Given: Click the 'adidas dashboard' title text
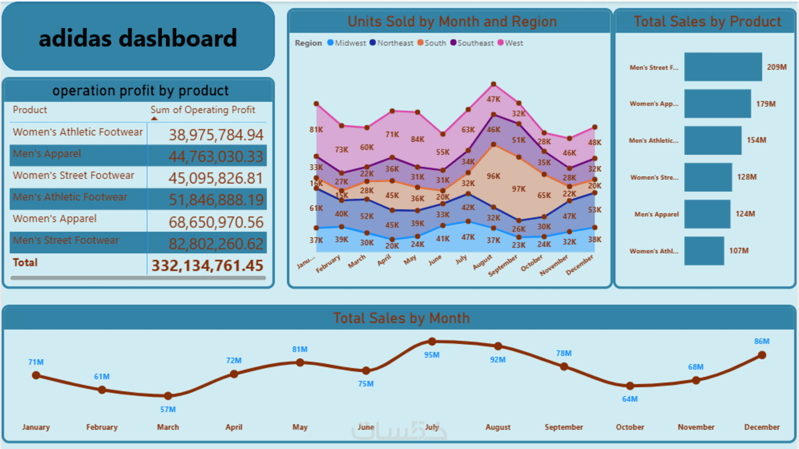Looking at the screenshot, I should (x=138, y=38).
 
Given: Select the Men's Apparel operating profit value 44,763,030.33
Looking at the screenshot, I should (x=216, y=156).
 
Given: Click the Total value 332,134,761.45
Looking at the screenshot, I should (x=207, y=266).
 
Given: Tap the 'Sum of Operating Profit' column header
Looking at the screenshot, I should (x=203, y=110).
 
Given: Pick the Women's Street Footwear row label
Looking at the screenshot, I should (x=74, y=175).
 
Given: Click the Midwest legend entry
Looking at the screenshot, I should (x=347, y=43).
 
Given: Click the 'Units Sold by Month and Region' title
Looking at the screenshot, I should (x=452, y=21).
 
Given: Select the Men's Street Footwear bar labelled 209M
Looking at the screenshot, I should (x=723, y=67).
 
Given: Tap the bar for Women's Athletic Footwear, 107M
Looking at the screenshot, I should (x=704, y=251).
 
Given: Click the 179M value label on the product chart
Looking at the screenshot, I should (x=766, y=104).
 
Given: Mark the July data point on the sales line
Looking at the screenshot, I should (x=432, y=342).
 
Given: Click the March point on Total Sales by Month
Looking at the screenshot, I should (x=168, y=396).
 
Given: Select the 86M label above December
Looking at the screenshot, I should (x=762, y=342).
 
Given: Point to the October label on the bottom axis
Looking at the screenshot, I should (x=630, y=427).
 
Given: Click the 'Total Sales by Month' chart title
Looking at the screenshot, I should (x=401, y=318).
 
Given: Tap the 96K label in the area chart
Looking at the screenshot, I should (x=493, y=176).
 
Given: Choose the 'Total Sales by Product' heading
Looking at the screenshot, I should (x=707, y=21).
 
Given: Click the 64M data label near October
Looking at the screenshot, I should (x=630, y=399).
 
